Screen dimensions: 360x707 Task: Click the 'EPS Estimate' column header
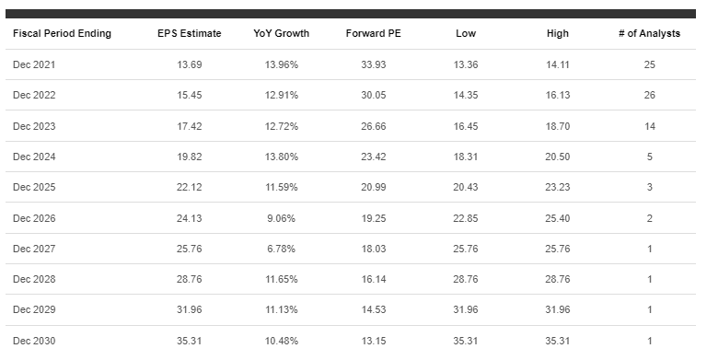[x=189, y=34]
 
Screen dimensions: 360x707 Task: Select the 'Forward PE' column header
[x=374, y=34]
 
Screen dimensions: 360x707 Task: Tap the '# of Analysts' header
[x=649, y=34]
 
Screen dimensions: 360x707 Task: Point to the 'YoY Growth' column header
[x=282, y=34]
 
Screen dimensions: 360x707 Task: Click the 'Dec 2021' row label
[x=35, y=65]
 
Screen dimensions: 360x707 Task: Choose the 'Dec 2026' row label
[x=35, y=218]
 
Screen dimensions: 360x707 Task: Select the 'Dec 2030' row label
[x=35, y=341]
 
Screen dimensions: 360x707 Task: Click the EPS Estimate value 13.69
[x=189, y=65]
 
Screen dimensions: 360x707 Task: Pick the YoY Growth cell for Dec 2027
[x=282, y=249]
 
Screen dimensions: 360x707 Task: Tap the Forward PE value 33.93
[x=374, y=65]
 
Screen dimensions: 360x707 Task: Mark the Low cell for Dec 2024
[x=466, y=157]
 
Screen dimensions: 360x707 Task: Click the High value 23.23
[x=557, y=188]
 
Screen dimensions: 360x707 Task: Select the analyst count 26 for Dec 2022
[x=649, y=96]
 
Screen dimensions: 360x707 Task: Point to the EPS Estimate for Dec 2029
[x=189, y=310]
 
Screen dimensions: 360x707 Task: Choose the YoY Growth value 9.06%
[x=282, y=218]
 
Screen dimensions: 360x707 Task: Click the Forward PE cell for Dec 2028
[x=374, y=280]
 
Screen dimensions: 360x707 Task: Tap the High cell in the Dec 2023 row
[x=557, y=126]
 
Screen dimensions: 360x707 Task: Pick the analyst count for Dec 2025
[x=649, y=188]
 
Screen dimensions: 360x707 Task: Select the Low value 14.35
[x=466, y=96]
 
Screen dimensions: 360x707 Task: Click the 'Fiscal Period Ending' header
[x=62, y=34]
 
